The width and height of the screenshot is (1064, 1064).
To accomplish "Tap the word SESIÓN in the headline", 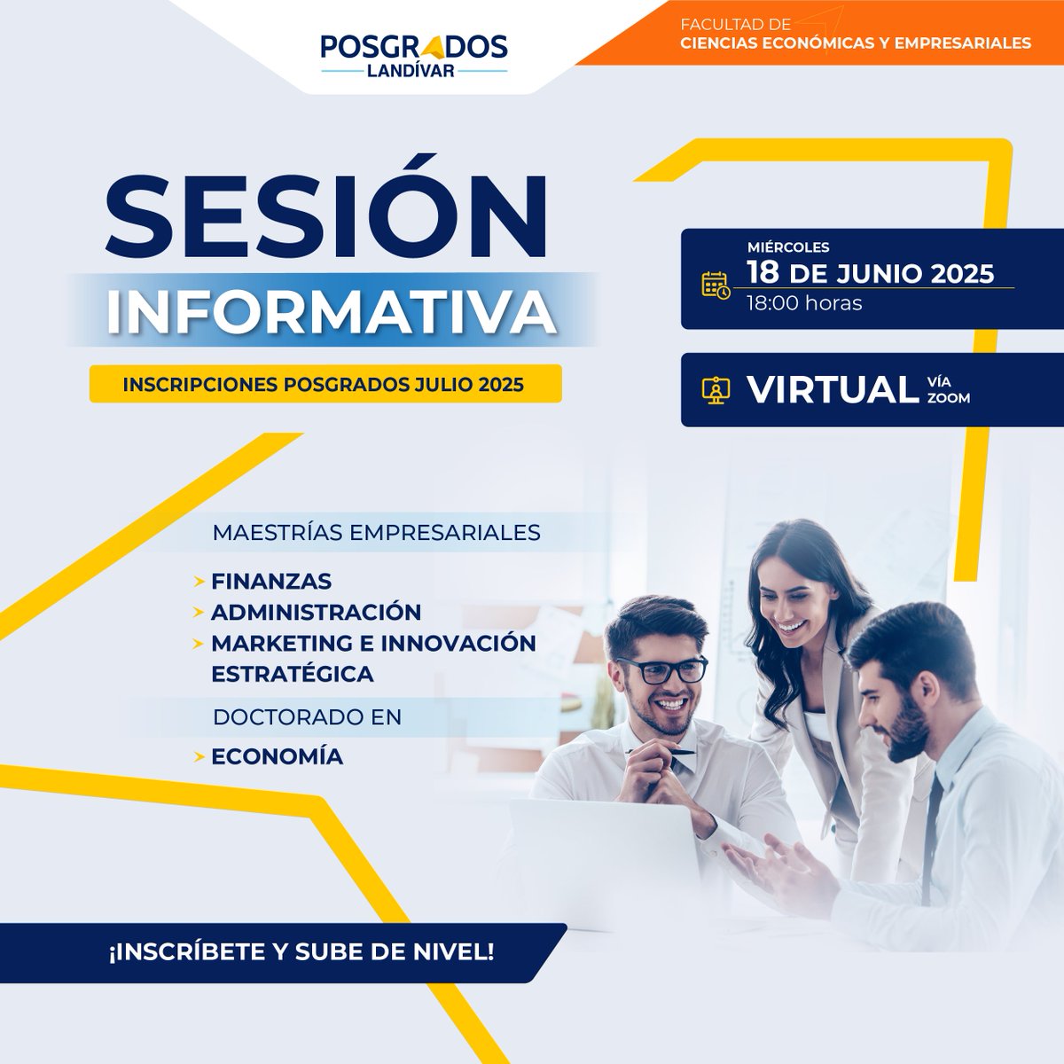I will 326,219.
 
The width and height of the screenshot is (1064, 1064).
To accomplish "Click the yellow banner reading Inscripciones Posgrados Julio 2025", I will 325,385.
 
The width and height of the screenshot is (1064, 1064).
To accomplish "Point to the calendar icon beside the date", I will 715,285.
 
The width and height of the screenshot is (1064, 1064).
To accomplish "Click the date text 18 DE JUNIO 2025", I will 870,272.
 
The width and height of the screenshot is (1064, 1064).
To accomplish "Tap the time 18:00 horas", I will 804,303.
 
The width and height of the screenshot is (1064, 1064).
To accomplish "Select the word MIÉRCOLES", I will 788,247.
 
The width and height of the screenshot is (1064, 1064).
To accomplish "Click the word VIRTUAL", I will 832,389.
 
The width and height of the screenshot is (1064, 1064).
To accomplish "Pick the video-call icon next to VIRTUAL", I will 715,390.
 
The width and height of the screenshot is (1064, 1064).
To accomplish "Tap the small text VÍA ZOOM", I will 948,390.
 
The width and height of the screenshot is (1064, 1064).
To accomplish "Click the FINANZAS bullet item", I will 271,582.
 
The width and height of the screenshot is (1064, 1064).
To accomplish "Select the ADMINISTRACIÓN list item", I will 316,612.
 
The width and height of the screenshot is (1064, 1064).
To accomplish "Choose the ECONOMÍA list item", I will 277,756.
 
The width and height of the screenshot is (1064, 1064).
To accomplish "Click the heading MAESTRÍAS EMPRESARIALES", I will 376,533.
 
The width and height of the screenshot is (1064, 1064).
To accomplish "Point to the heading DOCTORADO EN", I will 307,716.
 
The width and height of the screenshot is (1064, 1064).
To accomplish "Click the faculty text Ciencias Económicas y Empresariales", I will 856,43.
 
